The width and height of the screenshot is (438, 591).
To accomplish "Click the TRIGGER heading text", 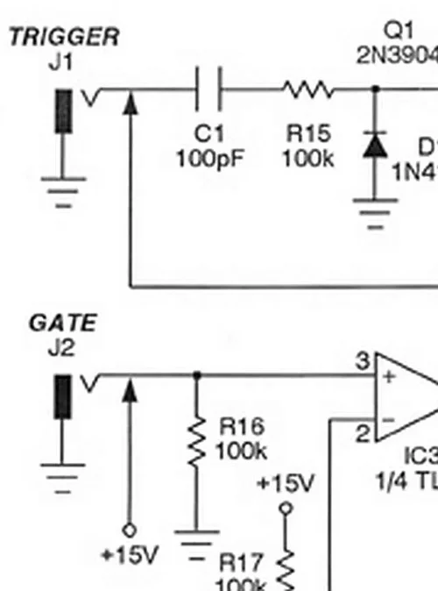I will point(63,38).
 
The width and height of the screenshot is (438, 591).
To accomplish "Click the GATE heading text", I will point(62,323).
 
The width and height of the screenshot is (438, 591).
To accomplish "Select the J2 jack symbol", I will point(63,397).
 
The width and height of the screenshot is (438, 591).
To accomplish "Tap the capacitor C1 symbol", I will point(209,89).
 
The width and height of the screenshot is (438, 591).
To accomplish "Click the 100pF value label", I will point(210,160).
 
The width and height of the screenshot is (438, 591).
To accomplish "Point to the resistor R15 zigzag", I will point(307,89).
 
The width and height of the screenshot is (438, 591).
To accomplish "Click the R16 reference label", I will point(241,427).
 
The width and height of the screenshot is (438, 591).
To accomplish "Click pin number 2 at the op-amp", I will point(361,431).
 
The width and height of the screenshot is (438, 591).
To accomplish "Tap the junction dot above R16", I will point(196,375).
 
